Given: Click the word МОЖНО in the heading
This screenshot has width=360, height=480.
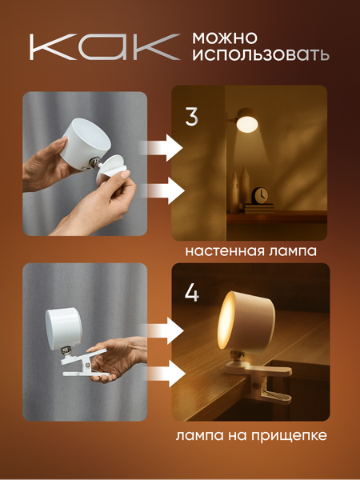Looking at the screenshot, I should pos(224,38).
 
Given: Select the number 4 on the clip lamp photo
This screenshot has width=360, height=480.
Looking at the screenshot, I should pos(192,292).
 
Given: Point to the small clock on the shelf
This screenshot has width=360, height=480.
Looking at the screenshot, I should pos(261,196).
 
